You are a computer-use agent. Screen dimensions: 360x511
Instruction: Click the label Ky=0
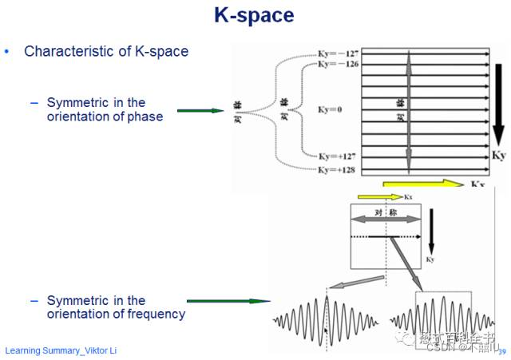point(329,109)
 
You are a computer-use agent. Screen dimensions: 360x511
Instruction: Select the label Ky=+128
point(336,170)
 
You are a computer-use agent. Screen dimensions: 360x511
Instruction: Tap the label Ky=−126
point(336,65)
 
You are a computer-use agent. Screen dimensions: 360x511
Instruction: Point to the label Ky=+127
point(336,156)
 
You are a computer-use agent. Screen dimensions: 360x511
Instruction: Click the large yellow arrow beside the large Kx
point(423,184)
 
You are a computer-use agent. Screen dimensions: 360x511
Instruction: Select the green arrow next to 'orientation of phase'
point(200,110)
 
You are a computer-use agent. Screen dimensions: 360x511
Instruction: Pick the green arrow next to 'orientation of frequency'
point(227,301)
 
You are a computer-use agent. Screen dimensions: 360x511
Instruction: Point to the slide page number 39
point(501,350)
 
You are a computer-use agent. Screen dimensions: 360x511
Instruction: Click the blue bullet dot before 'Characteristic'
point(8,52)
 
